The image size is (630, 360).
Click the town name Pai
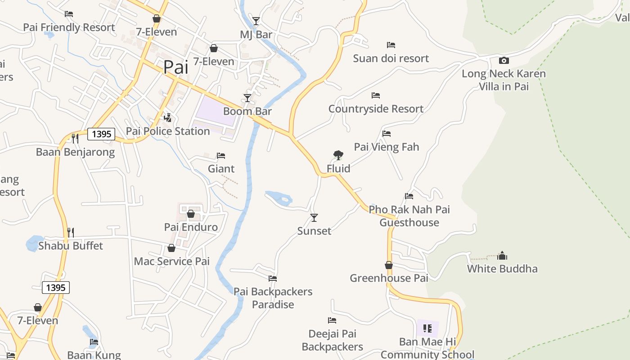[175, 67]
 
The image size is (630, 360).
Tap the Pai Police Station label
[168, 131]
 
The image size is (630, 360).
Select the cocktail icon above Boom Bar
[247, 98]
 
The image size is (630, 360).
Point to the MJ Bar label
[256, 35]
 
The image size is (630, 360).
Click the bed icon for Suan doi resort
[391, 45]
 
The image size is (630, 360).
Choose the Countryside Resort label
[376, 108]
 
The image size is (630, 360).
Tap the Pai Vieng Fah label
[387, 147]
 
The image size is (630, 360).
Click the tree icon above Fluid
[338, 155]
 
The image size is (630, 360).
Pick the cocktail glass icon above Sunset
[314, 218]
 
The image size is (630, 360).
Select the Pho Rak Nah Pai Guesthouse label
[409, 216]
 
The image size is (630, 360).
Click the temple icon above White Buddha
[502, 256]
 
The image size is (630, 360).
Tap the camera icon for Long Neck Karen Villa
[504, 60]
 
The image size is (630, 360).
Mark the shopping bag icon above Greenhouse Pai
[389, 265]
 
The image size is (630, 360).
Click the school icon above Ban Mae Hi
[427, 328]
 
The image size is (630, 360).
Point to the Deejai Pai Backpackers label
[333, 340]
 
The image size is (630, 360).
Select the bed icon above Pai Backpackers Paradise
[273, 279]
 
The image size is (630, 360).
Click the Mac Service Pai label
[172, 261]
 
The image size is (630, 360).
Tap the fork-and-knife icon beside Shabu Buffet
[71, 232]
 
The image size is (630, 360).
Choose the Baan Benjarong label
[76, 152]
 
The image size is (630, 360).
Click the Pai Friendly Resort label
[69, 27]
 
